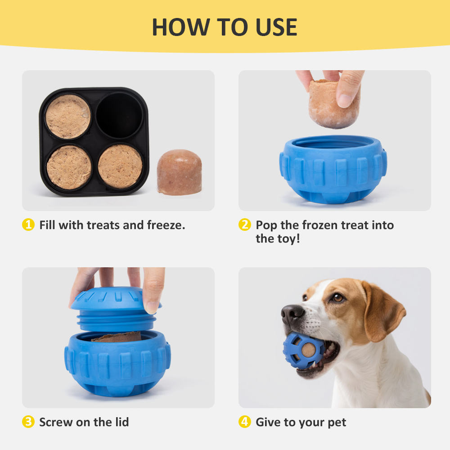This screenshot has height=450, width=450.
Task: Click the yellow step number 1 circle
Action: [28, 225]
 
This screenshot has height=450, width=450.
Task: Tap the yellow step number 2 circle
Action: [244, 225]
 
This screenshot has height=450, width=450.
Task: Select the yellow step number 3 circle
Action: [28, 422]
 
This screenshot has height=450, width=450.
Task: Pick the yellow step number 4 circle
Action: [244, 422]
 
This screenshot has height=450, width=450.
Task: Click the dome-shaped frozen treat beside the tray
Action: [179, 172]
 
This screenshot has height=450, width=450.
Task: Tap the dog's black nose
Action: [292, 312]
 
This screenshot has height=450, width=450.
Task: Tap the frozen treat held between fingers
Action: [334, 103]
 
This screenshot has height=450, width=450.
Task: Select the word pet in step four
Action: [336, 422]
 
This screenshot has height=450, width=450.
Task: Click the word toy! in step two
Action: [287, 238]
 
